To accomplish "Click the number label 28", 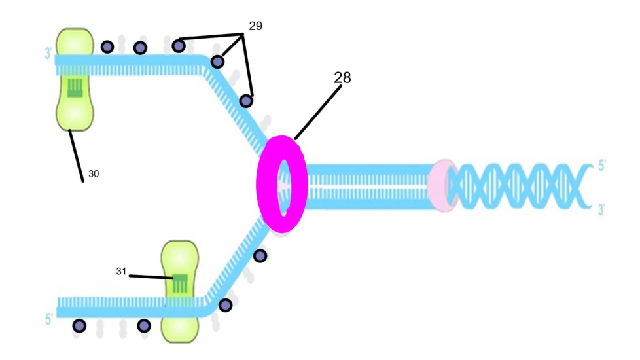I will click(x=342, y=77).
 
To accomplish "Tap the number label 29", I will click(x=255, y=26).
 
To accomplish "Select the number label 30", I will click(x=94, y=174).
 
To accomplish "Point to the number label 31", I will click(x=121, y=271).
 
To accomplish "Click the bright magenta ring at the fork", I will click(x=281, y=184).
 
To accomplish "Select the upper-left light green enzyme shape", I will click(x=75, y=79).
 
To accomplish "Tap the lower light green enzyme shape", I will click(x=179, y=292).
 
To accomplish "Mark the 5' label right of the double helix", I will click(x=603, y=166).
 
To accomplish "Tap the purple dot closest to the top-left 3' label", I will click(x=107, y=46).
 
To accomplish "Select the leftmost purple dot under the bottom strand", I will click(x=79, y=325).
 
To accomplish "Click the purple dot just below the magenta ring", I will click(x=260, y=255).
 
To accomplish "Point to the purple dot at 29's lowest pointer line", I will click(x=246, y=101).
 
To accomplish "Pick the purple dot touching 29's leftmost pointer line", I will click(x=178, y=45).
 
